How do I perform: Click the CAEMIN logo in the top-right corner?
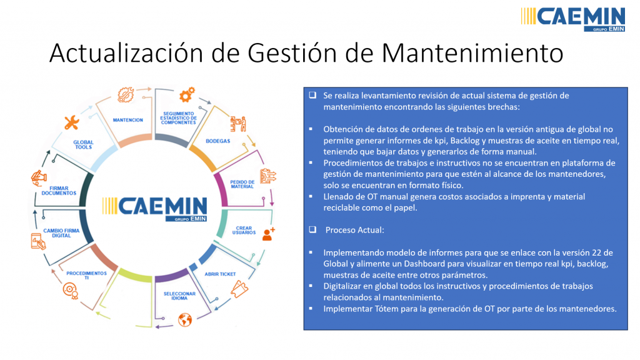click(x=572, y=19)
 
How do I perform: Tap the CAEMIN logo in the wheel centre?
click(x=155, y=209)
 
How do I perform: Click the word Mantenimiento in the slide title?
click(x=472, y=53)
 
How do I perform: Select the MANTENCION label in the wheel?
click(x=127, y=120)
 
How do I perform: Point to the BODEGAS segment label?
click(x=217, y=141)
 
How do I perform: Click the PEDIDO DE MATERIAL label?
click(x=242, y=184)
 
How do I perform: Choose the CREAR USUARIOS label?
click(x=244, y=230)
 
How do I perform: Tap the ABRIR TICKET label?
click(x=220, y=274)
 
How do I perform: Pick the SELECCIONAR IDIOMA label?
click(x=179, y=296)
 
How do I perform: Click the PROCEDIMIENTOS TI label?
click(x=86, y=276)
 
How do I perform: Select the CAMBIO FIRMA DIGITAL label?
click(x=61, y=233)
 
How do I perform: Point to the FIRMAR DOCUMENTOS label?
click(x=59, y=191)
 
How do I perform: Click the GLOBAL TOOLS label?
click(x=83, y=144)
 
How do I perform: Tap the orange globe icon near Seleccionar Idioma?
click(x=185, y=320)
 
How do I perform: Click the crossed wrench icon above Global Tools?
click(x=72, y=122)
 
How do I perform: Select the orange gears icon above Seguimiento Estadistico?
click(x=187, y=95)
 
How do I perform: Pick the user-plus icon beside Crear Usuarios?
click(x=269, y=234)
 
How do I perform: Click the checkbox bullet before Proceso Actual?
click(x=312, y=229)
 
